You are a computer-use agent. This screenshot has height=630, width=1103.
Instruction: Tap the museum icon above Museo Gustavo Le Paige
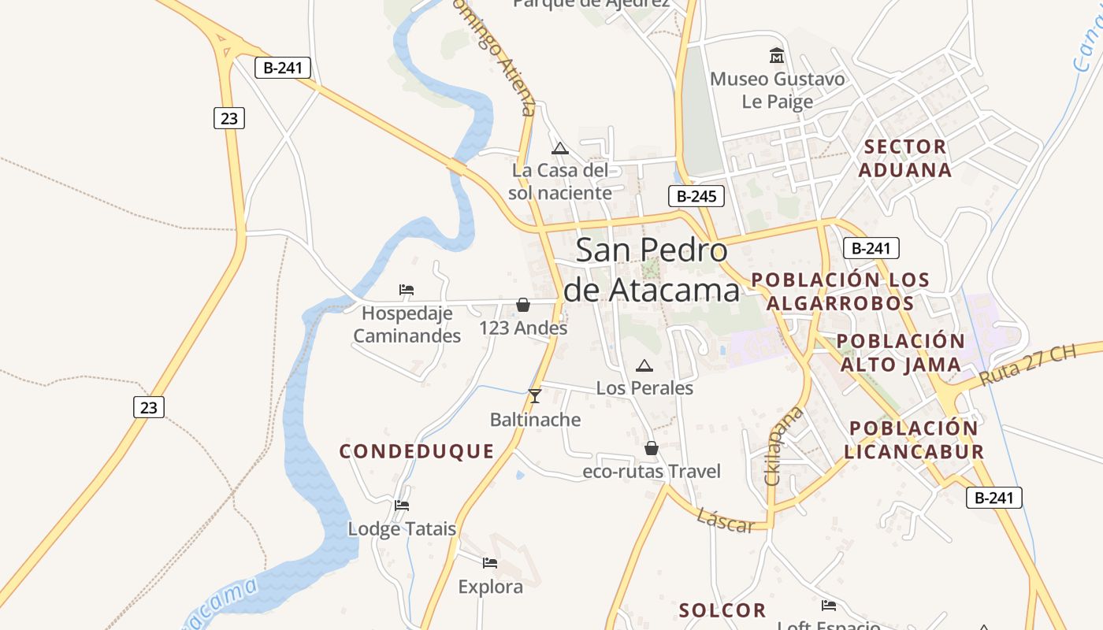[x=777, y=55]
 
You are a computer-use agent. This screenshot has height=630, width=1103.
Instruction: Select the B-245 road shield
[x=696, y=196]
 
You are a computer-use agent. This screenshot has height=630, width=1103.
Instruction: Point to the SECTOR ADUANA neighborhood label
[x=904, y=158]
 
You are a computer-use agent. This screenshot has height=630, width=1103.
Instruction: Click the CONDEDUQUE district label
[x=417, y=451]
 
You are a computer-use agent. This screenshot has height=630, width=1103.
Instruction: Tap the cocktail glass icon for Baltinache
[x=535, y=395]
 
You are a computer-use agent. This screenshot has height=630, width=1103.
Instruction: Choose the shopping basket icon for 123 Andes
[x=522, y=305]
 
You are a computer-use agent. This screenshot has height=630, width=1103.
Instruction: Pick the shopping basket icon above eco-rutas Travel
[x=651, y=448]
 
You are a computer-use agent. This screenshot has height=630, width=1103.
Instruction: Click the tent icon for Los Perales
[x=644, y=365]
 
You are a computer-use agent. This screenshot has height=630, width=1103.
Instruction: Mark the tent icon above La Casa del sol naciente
[x=559, y=148]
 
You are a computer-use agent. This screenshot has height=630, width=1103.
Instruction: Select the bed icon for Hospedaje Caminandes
[x=407, y=290]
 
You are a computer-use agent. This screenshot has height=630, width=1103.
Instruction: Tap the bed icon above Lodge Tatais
[x=402, y=505]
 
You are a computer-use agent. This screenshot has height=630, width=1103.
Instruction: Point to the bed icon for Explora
[x=490, y=563]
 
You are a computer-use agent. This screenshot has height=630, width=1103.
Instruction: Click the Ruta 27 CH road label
[x=1028, y=365]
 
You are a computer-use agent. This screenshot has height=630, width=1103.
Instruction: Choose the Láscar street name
[x=726, y=521]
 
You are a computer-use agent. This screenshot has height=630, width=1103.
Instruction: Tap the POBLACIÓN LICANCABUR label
[x=914, y=440]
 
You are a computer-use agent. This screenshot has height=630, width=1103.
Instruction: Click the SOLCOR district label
[x=722, y=610]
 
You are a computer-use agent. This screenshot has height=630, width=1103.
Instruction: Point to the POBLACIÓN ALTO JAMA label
[x=901, y=353]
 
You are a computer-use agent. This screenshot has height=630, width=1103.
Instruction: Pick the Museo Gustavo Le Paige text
[x=777, y=90]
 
